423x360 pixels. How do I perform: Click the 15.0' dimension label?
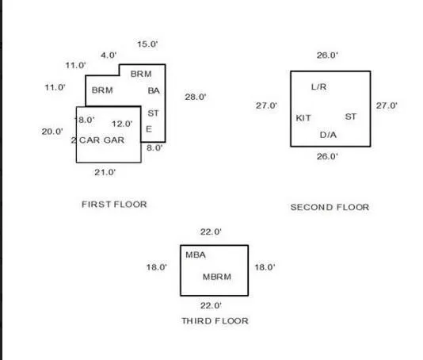tap(147, 44)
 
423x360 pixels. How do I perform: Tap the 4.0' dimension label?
tap(109, 56)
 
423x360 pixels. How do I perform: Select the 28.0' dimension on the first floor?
tap(196, 97)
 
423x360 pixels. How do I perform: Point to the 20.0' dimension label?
tap(52, 132)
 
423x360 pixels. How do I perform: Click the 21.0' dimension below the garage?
tap(105, 172)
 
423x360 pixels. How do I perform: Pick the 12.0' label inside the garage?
tap(122, 124)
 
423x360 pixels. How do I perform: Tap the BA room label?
tap(154, 90)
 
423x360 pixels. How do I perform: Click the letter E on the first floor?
tap(149, 129)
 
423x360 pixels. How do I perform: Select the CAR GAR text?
tap(101, 140)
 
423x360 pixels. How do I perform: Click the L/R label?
tap(319, 87)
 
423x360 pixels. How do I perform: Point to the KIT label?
tap(303, 118)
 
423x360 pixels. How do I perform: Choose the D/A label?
tap(328, 135)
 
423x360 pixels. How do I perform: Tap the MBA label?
tap(196, 255)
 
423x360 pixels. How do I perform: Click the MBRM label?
tap(217, 277)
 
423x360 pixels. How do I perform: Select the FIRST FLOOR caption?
tap(114, 205)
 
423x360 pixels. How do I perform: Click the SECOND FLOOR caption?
tap(330, 207)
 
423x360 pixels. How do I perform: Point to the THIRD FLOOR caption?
tap(215, 321)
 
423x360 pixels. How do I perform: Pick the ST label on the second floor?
tap(351, 117)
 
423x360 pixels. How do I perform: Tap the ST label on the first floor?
tap(153, 113)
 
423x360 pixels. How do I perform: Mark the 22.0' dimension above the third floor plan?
tap(211, 232)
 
